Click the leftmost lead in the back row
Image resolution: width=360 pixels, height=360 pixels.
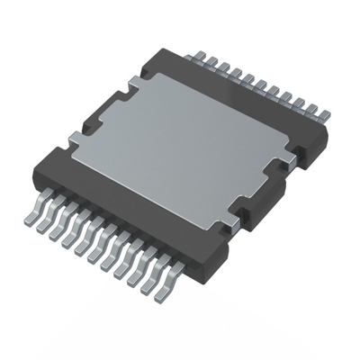tap(194, 55)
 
